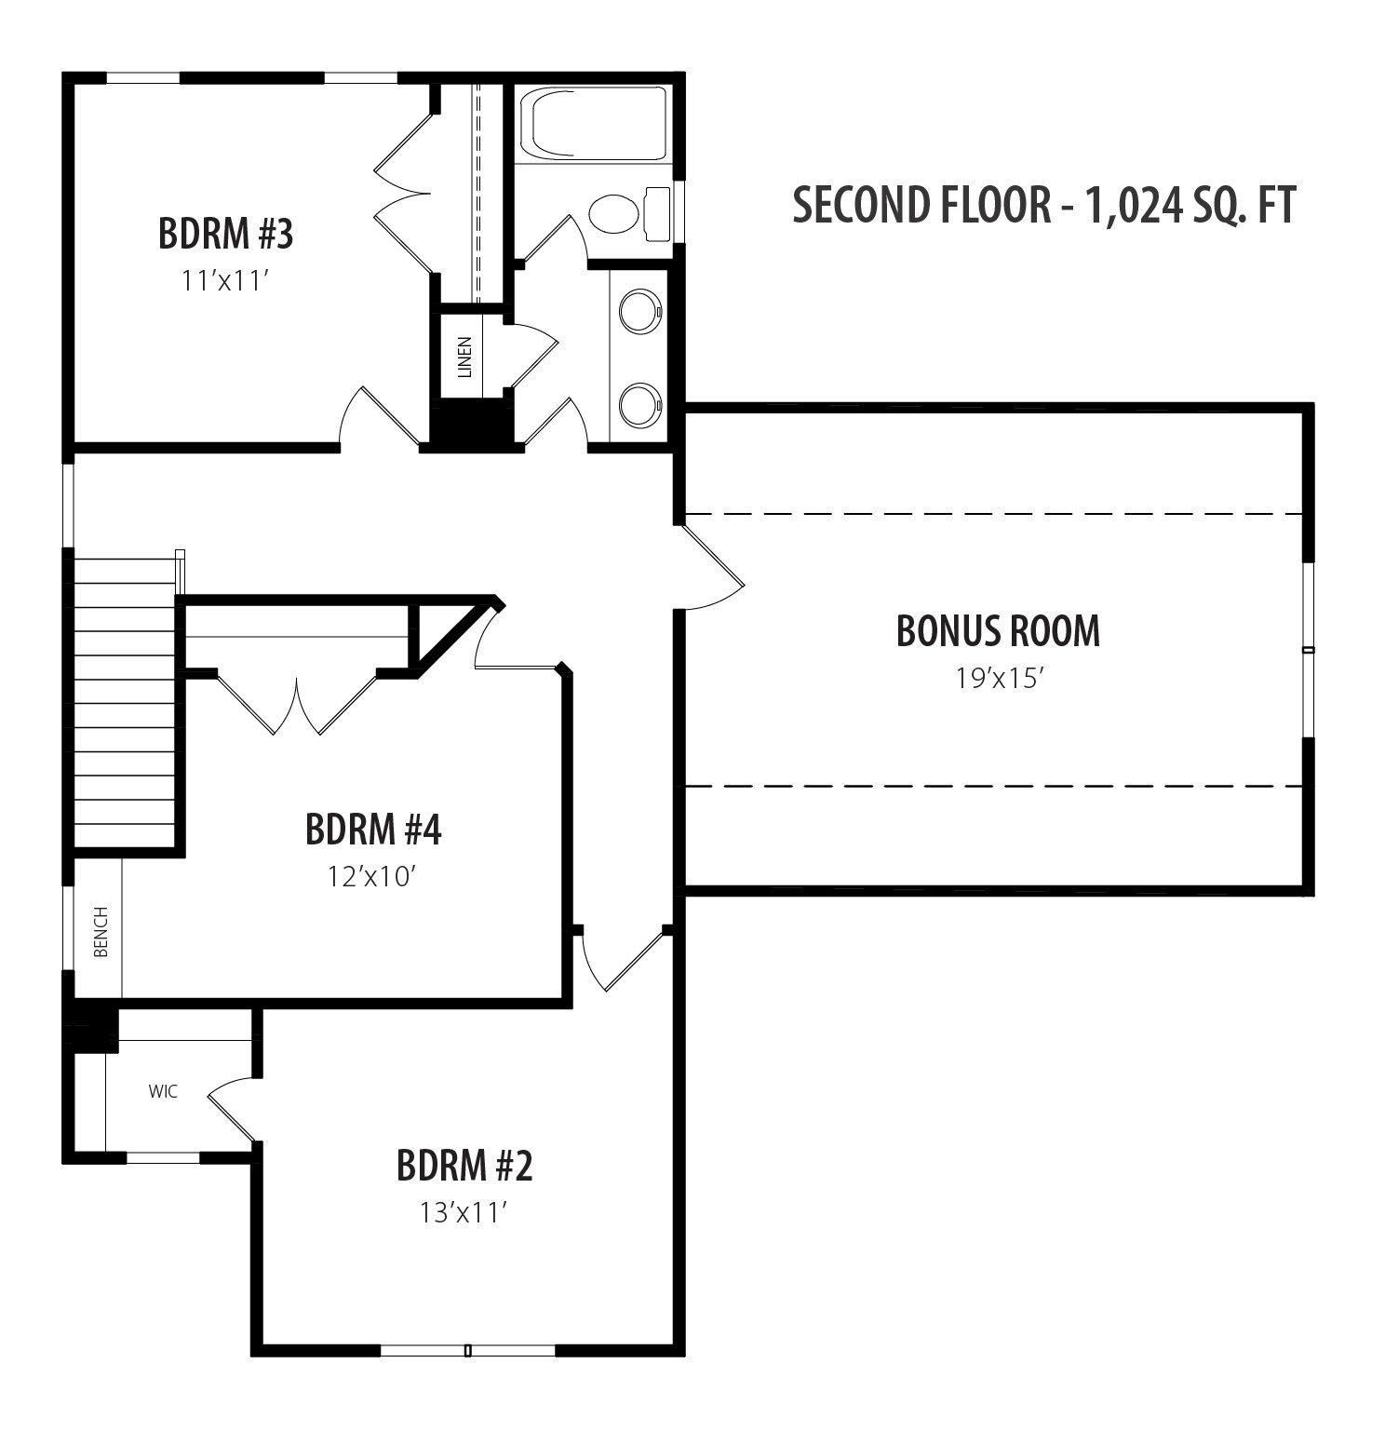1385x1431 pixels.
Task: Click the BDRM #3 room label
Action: click(x=226, y=234)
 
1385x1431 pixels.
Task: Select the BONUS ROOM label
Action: click(x=998, y=630)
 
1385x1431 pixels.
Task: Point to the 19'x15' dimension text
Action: click(x=998, y=678)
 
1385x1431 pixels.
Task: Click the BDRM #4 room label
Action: click(x=373, y=829)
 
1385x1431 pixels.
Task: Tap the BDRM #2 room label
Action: click(x=464, y=1165)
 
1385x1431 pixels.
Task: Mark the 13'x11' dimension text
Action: click(x=464, y=1212)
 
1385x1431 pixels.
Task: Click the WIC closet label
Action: click(x=163, y=1091)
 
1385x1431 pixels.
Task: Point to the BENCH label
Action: click(x=101, y=931)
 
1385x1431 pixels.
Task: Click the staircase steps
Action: click(x=125, y=703)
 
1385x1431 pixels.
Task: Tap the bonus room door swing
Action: click(x=715, y=568)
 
